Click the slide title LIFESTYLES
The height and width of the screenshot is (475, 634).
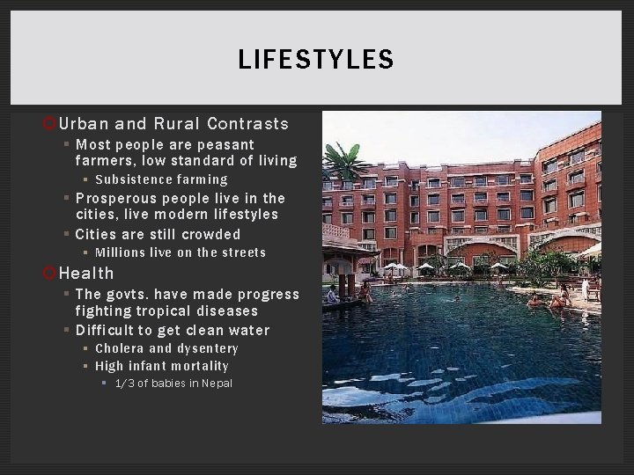point(316,60)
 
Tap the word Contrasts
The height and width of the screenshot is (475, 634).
point(248,124)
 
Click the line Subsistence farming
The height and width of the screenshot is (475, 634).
point(161,179)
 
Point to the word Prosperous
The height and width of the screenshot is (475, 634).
point(115,198)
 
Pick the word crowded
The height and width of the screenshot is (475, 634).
point(210,234)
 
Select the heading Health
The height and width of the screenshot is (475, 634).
point(86,274)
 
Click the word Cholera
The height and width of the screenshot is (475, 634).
point(122,348)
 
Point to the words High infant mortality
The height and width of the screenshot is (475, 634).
point(161,366)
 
